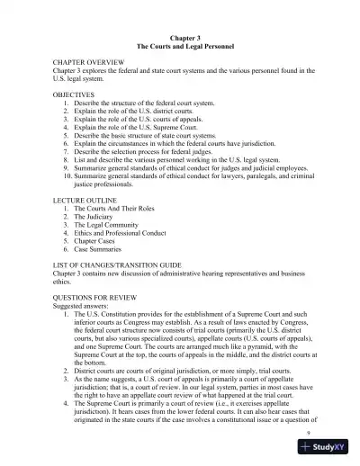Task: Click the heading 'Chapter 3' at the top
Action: (179, 36)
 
